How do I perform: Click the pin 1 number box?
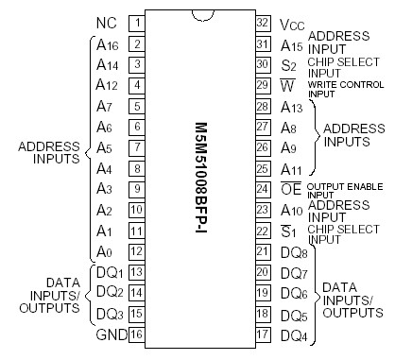(x=137, y=23)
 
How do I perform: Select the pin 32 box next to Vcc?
(x=263, y=23)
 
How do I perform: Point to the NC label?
(x=107, y=23)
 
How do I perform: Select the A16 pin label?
(x=106, y=44)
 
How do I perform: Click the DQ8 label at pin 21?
(x=295, y=251)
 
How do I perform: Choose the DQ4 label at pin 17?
(x=295, y=334)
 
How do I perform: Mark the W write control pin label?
(x=289, y=86)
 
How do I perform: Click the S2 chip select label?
(x=289, y=65)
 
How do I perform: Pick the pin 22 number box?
(x=263, y=231)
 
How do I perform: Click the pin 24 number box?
(x=263, y=189)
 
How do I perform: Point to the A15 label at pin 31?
(x=293, y=44)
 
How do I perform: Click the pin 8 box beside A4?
(x=137, y=168)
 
